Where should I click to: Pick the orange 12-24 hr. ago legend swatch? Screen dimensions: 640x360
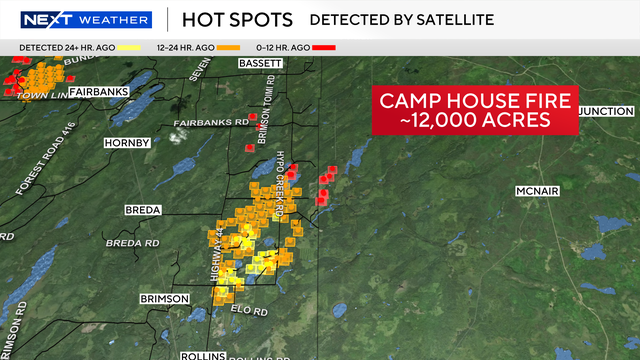tap(229, 47)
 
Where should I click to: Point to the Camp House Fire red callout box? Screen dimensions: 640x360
tap(474, 109)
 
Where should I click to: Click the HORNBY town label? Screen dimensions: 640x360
tap(127, 143)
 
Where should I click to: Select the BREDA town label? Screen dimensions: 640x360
tap(141, 210)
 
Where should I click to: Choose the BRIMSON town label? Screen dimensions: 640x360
tap(164, 298)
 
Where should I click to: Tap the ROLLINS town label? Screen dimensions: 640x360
tap(203, 355)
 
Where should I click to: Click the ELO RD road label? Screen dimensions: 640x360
tap(253, 311)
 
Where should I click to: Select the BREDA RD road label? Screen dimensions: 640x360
tap(132, 243)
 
